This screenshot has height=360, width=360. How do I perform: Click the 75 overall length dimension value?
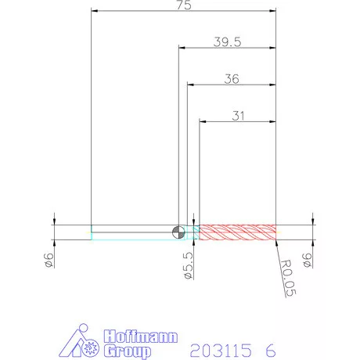pos(184,5)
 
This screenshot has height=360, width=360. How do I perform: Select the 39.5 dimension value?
pos(227,42)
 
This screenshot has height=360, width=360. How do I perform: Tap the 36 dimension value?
pos(232,79)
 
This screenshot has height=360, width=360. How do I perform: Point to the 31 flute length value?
pos(238,116)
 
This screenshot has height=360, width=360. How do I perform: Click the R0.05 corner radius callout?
pos(288,278)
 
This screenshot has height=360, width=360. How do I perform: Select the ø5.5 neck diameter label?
pos(189,265)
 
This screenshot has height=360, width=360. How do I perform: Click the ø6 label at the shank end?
pos(49,260)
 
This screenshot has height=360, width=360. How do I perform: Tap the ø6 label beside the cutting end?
pos(308,260)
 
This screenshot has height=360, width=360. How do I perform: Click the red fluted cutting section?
pos(238,232)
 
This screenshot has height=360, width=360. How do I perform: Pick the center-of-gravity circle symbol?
pos(178,232)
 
